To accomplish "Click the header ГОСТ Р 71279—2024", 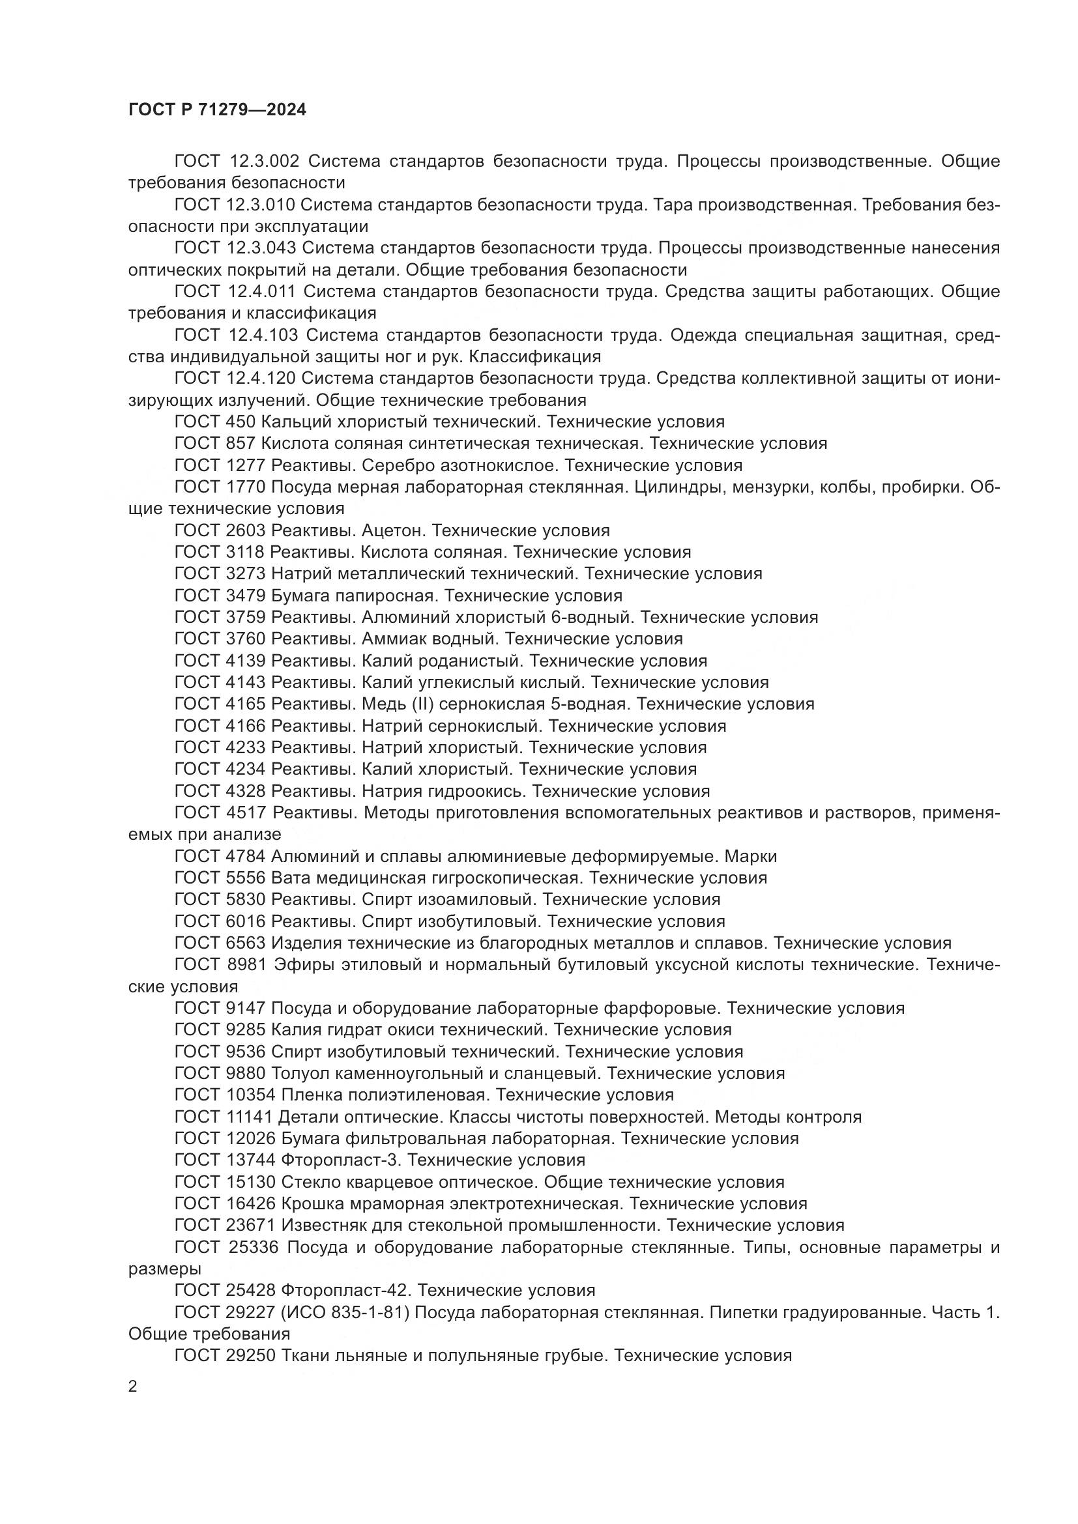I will coord(217,110).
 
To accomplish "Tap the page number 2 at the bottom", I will coord(133,1386).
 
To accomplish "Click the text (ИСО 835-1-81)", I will coord(340,1312).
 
